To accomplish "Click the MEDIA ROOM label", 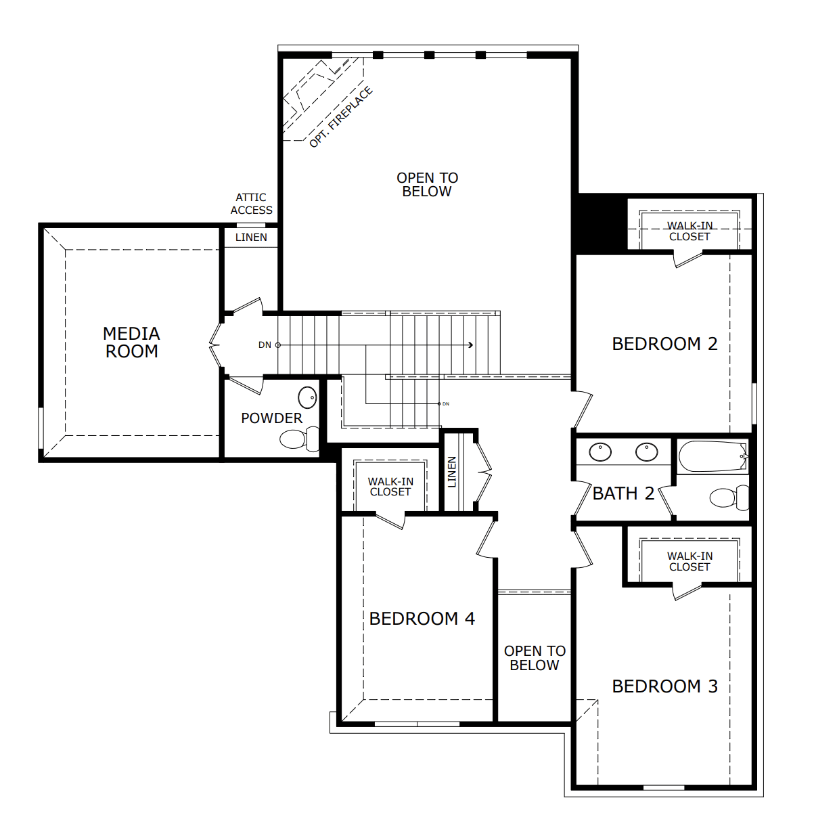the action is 132,343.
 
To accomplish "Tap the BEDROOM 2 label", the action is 664,344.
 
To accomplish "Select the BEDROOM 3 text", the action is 665,686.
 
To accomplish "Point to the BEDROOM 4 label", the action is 422,619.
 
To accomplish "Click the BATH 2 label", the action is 623,493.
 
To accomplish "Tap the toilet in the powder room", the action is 299,439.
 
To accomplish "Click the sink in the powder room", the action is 307,397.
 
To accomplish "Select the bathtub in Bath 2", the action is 713,456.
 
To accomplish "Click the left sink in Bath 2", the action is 600,452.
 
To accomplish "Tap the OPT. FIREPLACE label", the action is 341,117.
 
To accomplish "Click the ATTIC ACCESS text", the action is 251,204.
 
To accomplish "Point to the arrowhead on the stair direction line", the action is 471,345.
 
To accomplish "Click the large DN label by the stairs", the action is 265,345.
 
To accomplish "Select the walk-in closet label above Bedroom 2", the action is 689,231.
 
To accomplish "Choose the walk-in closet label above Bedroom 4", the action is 390,487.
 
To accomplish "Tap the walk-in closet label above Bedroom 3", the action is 689,561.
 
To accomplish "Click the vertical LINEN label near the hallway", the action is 451,472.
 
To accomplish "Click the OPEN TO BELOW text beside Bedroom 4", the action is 535,658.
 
